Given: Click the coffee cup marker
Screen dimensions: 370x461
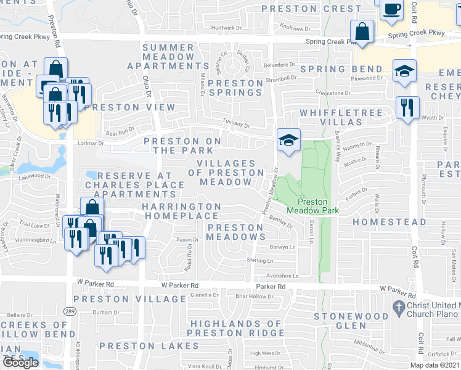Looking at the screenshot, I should (392, 9).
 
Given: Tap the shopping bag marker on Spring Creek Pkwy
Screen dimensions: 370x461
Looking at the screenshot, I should (362, 32).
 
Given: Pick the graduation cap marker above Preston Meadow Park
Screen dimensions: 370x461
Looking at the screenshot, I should (288, 139).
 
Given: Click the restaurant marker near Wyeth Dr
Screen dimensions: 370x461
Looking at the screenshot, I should (407, 107).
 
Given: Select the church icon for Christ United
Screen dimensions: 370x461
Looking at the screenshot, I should (398, 306).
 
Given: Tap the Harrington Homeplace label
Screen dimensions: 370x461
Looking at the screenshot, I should (182, 211).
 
